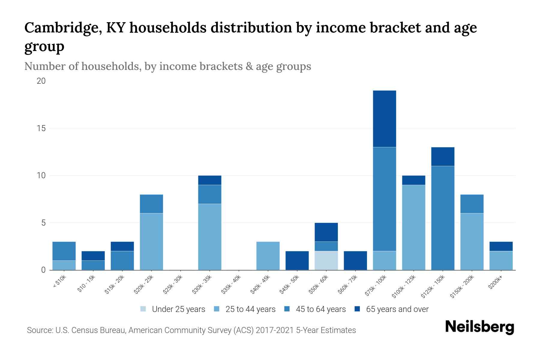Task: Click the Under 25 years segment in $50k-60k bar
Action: tap(326, 260)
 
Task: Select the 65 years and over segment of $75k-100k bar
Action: tap(384, 118)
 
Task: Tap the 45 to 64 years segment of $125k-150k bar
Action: tap(442, 218)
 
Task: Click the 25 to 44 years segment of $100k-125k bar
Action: tap(413, 227)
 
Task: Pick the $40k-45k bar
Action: tap(268, 256)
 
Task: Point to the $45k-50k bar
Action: tap(297, 260)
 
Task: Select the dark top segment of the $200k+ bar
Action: tap(501, 246)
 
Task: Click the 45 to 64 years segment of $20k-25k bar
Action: tap(151, 204)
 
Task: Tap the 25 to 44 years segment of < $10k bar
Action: tap(64, 265)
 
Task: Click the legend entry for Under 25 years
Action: tap(172, 309)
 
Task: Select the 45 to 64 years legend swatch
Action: tap(287, 309)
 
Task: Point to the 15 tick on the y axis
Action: tap(41, 128)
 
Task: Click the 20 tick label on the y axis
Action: tap(41, 81)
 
